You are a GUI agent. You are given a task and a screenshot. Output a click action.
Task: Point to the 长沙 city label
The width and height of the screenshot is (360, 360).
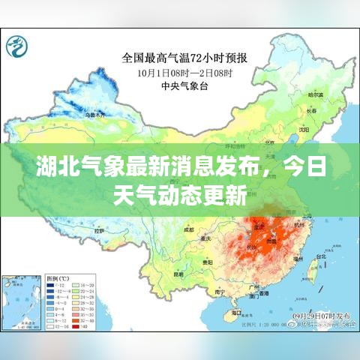(241, 247)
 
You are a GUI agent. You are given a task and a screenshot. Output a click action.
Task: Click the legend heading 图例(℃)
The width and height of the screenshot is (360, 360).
(59, 277)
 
